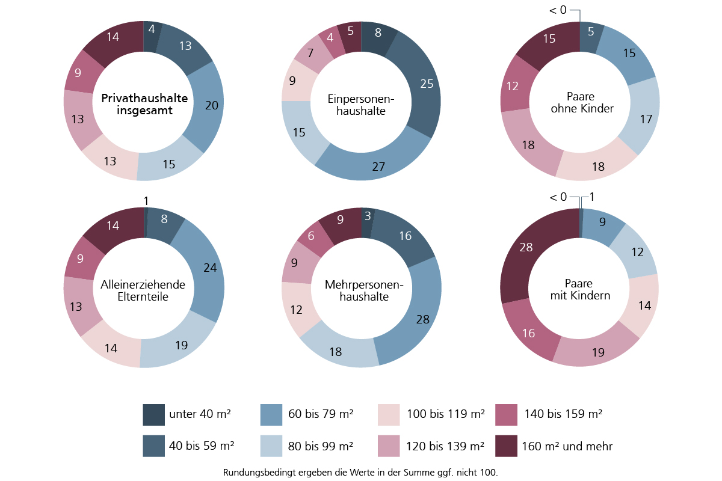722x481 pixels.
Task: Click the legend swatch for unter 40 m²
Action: [x=153, y=414]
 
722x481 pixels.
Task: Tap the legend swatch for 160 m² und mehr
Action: [x=506, y=446]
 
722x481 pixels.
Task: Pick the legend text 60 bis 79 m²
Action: [x=320, y=414]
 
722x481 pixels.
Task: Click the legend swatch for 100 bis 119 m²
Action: [x=389, y=414]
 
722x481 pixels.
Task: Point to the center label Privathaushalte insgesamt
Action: [x=144, y=104]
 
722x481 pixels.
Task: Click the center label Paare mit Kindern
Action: [x=579, y=289]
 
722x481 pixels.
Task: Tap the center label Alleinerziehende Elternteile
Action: [x=143, y=290]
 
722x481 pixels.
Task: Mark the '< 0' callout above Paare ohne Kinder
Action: [x=558, y=11]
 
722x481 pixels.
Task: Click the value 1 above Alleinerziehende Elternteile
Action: [x=146, y=200]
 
